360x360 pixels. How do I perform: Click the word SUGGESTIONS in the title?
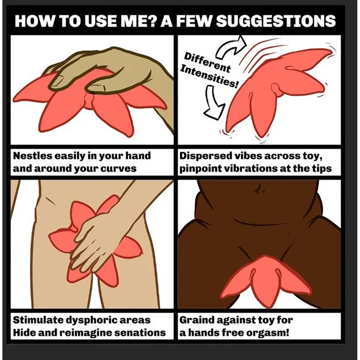276,21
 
